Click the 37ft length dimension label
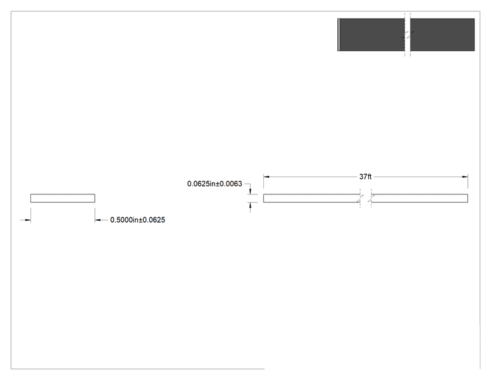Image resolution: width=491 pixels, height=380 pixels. (x=365, y=177)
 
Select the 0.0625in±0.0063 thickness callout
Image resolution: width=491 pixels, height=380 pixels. (x=214, y=184)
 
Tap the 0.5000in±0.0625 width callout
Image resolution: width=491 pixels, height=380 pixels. (x=137, y=220)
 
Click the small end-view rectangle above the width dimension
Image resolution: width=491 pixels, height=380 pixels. (x=63, y=198)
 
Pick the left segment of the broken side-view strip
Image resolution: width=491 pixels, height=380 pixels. (x=311, y=198)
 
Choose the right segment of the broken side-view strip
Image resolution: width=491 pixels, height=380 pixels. (x=420, y=198)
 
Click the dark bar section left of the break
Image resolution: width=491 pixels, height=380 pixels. (x=372, y=34)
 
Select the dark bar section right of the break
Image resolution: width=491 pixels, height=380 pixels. (x=442, y=34)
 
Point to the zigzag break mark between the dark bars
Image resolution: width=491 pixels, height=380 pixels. (x=407, y=34)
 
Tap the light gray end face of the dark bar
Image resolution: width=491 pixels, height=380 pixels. (x=339, y=34)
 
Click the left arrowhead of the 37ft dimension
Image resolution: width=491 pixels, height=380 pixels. (x=266, y=177)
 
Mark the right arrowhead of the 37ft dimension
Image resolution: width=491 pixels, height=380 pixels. (x=465, y=177)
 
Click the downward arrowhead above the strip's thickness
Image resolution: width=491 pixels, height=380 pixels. (x=250, y=191)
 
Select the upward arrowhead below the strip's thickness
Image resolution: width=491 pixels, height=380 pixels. (x=250, y=206)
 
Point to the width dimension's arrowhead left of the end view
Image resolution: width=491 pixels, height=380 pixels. (x=28, y=220)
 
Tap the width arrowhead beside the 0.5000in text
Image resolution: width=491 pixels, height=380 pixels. (x=98, y=220)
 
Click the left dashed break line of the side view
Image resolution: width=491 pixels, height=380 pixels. (x=360, y=198)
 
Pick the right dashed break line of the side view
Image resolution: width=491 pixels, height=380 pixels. (x=372, y=198)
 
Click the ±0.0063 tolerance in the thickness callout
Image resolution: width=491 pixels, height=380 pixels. (x=229, y=184)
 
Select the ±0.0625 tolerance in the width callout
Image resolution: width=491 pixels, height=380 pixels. (x=152, y=220)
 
